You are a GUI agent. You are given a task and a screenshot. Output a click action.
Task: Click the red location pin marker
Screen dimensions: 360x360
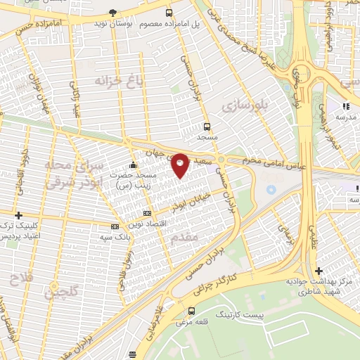point(180,164)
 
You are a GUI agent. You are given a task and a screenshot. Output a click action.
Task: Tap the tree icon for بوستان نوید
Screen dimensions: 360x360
point(114,13)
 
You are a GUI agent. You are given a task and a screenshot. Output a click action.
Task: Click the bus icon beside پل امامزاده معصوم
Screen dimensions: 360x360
point(169,13)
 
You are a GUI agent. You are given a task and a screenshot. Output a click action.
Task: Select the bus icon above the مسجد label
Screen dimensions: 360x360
point(207,127)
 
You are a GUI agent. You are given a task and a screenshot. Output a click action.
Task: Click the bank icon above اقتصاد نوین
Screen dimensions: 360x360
point(146,212)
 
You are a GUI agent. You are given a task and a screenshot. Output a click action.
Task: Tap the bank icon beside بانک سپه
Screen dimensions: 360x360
point(115,226)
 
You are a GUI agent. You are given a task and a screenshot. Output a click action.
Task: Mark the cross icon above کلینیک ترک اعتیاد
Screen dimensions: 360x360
point(18,214)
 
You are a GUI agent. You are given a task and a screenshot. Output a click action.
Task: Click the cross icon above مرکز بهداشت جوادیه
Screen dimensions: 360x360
point(319,270)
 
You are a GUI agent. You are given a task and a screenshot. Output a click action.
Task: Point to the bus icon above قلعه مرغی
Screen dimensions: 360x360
point(191,310)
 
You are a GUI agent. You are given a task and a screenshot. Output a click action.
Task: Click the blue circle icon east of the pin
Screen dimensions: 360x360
point(271,189)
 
